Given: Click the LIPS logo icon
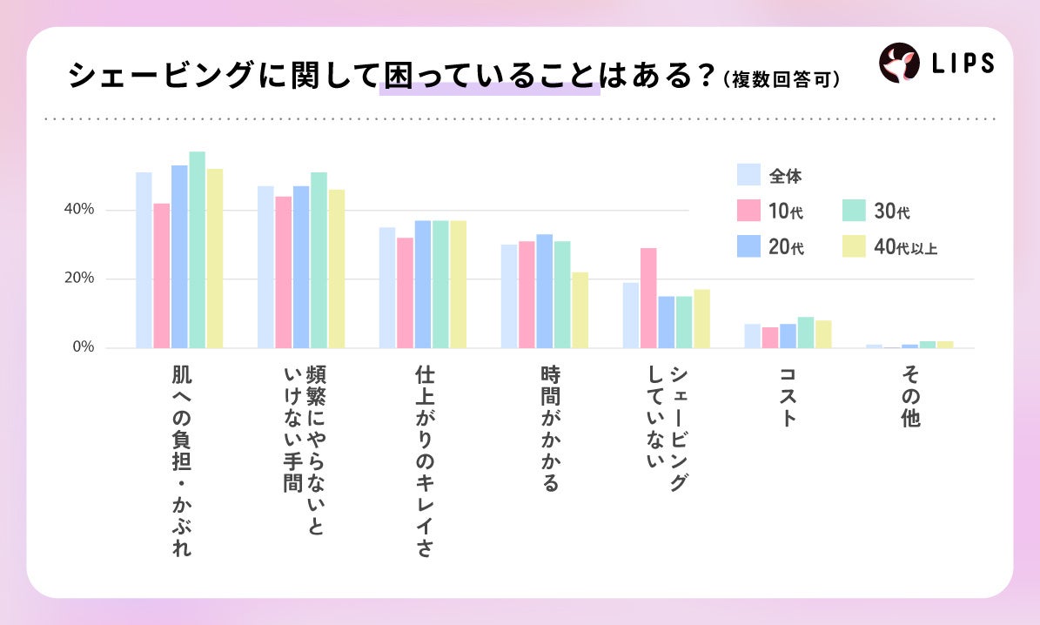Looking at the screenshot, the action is click(899, 63).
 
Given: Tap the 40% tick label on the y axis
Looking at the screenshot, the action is click(79, 210).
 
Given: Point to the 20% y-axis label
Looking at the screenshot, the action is click(79, 278).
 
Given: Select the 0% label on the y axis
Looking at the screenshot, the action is click(84, 347).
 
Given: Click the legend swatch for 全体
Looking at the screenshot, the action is click(748, 175).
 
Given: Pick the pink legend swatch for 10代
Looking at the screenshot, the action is click(748, 211).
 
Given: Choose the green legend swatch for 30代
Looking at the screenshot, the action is click(855, 211).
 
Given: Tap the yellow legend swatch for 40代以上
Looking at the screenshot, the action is click(855, 246).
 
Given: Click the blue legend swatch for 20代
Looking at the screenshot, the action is click(748, 246).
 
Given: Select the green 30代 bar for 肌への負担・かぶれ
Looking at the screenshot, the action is click(197, 250).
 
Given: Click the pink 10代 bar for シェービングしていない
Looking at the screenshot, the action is click(648, 298).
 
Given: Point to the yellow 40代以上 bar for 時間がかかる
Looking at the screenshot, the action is click(580, 310).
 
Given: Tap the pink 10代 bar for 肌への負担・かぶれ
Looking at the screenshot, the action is click(162, 275).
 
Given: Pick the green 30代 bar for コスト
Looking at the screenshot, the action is click(806, 333).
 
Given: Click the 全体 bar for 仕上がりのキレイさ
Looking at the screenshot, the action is click(387, 288).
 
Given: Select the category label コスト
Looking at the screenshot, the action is click(788, 396).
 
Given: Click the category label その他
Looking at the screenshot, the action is click(910, 396).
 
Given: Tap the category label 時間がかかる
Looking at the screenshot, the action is click(551, 428).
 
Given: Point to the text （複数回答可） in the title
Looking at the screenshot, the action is click(782, 79).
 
